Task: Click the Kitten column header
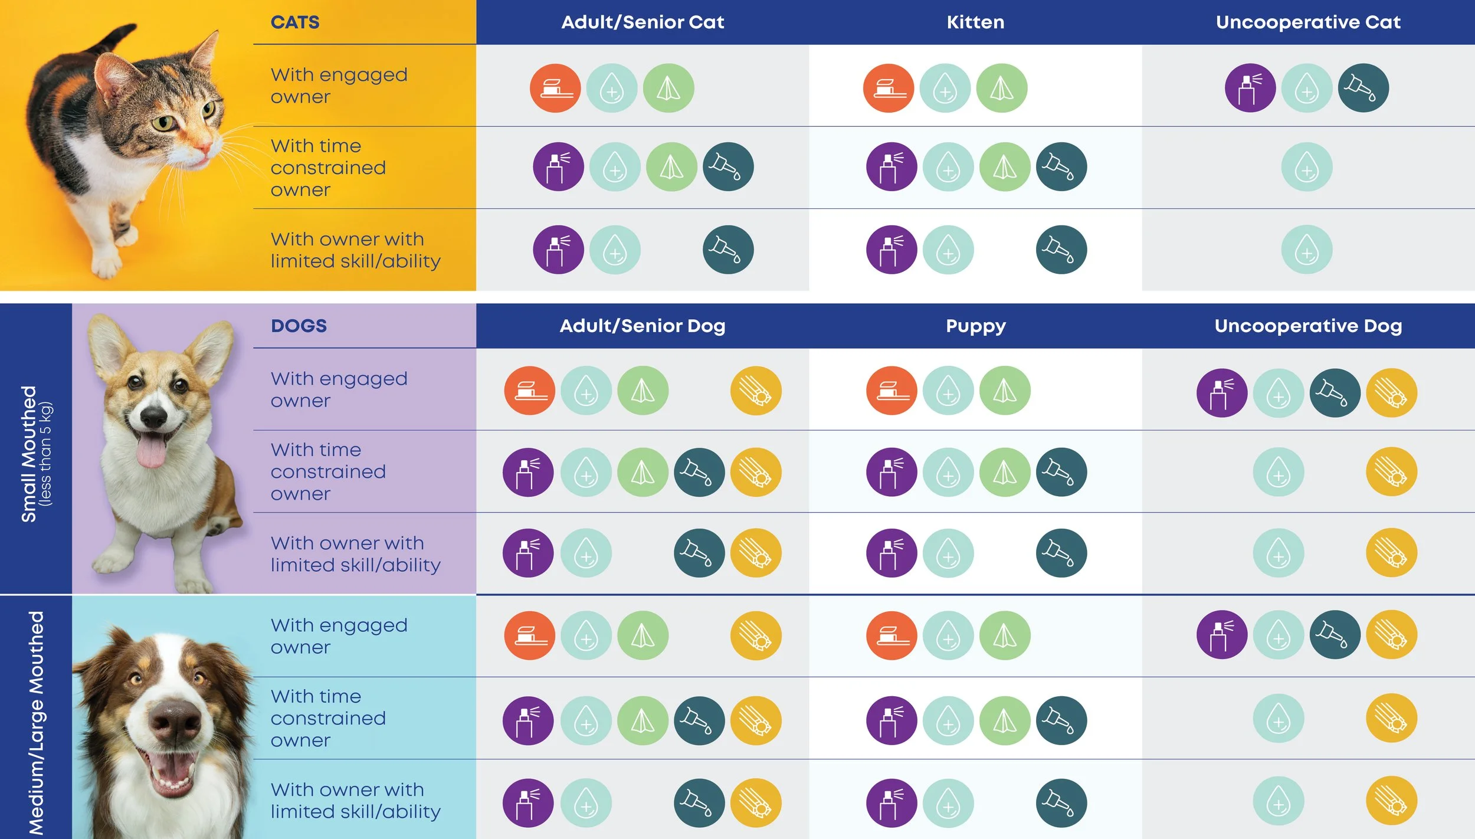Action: click(975, 22)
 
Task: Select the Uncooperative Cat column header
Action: click(1308, 22)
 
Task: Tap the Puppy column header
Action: click(976, 326)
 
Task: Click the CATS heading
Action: click(295, 22)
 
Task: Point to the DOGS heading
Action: click(299, 326)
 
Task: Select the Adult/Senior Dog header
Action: click(643, 326)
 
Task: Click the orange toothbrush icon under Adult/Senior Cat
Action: click(555, 88)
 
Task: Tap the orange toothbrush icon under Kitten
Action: click(889, 88)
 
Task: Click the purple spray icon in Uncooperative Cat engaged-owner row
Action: click(1250, 88)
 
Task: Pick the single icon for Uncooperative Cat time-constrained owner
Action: click(1307, 167)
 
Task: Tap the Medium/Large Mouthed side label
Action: click(36, 723)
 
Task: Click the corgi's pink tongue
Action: click(152, 450)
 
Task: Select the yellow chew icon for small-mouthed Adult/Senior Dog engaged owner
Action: click(756, 391)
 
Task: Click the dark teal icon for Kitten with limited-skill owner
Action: click(1061, 250)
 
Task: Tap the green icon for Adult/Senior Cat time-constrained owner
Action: click(671, 167)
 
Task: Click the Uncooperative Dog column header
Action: click(1308, 326)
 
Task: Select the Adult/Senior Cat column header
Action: click(643, 22)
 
